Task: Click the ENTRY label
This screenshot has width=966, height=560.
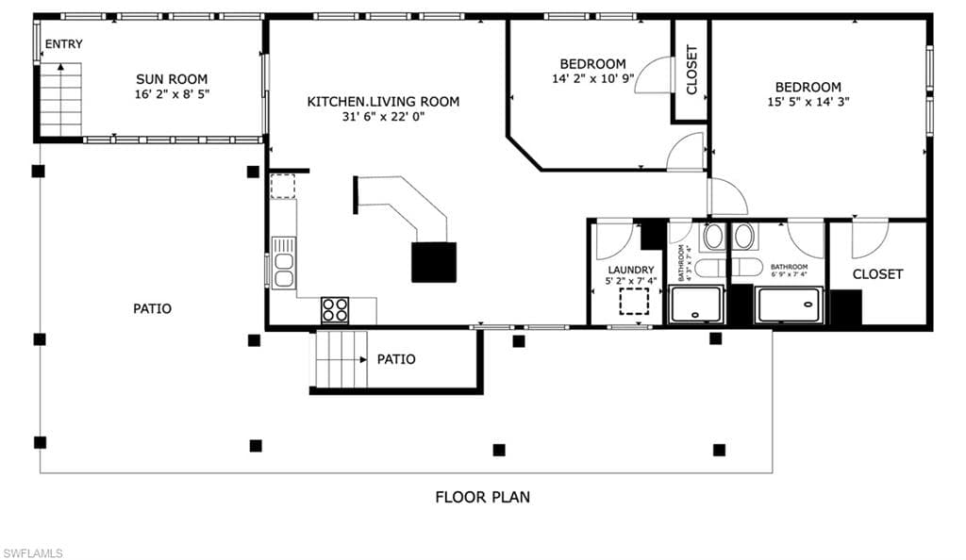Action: click(63, 43)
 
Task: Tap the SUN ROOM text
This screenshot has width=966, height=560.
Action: click(172, 79)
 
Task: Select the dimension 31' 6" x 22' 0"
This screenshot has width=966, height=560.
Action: click(383, 117)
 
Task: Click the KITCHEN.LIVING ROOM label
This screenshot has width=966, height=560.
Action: click(383, 101)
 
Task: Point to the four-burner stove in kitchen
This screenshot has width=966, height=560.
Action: click(335, 309)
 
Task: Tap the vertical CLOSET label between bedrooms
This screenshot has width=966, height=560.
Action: click(691, 70)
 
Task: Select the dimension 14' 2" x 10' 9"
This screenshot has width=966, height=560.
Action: click(592, 79)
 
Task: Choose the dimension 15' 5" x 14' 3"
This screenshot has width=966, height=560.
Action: click(808, 103)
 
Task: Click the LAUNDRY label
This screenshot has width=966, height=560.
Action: click(630, 270)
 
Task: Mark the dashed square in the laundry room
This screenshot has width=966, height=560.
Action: click(635, 302)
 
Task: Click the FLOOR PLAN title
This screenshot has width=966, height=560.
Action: click(482, 497)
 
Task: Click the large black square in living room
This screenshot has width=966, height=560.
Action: click(434, 262)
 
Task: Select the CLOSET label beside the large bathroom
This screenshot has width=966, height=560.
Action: click(877, 274)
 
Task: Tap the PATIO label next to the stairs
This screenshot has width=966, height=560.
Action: click(396, 359)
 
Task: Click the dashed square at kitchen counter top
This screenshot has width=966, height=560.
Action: click(283, 186)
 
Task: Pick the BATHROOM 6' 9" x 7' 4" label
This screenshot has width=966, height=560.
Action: click(789, 270)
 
